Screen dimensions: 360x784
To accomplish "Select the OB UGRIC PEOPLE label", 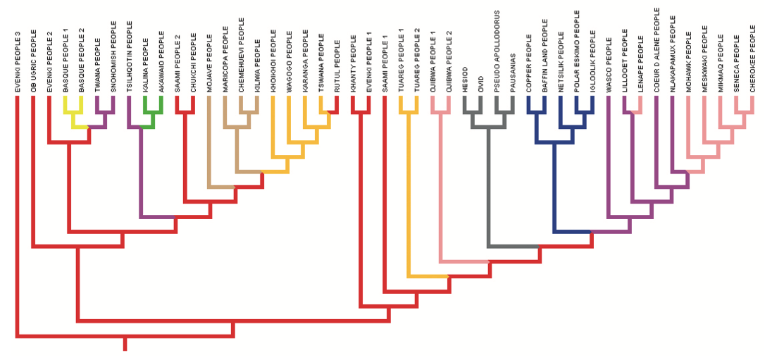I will tap(33, 62).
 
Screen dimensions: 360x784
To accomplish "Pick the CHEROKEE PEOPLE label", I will tap(752, 60).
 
